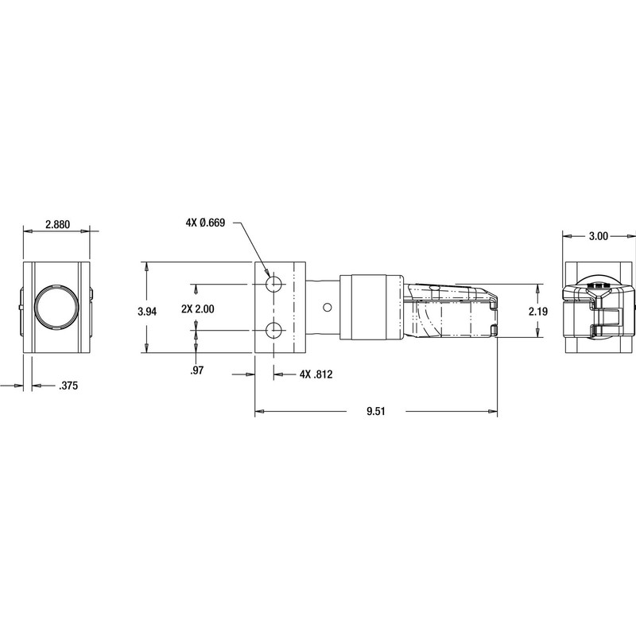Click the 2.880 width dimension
(57, 224)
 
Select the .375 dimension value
(68, 386)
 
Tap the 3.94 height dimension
(147, 312)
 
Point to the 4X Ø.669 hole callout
(205, 223)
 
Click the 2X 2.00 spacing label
(198, 309)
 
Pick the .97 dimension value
(196, 370)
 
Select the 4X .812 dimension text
(316, 374)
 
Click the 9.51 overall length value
(376, 411)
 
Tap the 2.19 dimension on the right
(538, 311)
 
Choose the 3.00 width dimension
(599, 236)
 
